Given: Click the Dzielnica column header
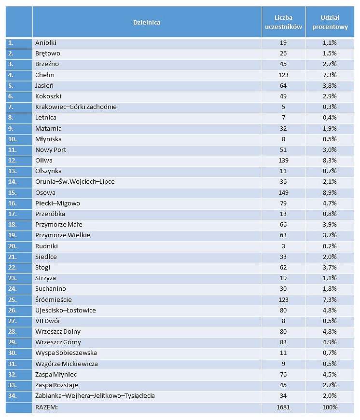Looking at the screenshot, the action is click(147, 23).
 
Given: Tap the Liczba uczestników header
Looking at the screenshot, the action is click(283, 22).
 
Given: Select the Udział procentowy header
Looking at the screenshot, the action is click(330, 22).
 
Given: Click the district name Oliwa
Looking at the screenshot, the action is click(44, 161).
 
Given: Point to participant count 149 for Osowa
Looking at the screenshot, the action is click(283, 192).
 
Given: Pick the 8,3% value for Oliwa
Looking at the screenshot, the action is click(330, 161).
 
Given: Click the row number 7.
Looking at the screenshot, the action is click(11, 107).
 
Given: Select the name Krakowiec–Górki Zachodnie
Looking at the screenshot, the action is click(76, 107).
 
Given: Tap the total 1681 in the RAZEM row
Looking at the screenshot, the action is click(283, 407).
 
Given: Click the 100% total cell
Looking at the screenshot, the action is click(330, 407).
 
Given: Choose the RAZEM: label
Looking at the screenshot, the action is click(47, 407).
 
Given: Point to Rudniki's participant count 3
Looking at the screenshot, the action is click(283, 246).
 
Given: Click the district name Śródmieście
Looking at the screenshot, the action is click(54, 299).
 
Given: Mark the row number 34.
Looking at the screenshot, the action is click(13, 395).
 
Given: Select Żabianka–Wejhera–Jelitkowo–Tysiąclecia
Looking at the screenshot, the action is click(95, 395).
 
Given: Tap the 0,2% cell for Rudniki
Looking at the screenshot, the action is click(330, 246).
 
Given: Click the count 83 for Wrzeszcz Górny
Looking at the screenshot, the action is click(283, 342).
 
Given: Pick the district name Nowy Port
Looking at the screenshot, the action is click(51, 150).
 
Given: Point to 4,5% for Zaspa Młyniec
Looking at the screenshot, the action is click(330, 375).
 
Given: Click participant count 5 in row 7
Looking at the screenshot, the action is click(283, 107).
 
